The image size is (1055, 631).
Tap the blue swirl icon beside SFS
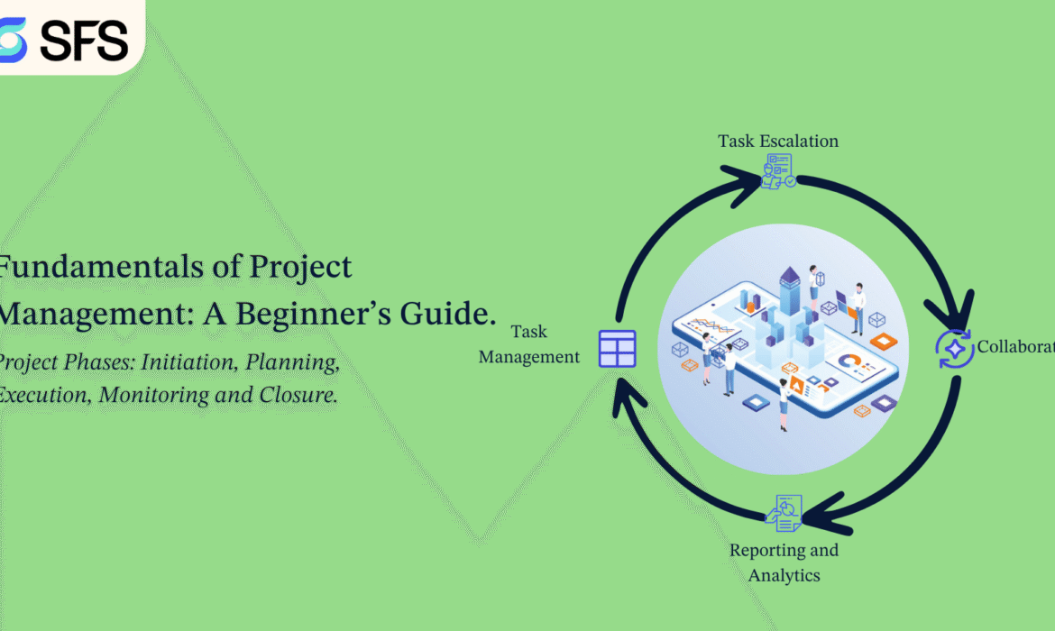(x=13, y=40)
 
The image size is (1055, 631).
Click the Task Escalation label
(x=778, y=141)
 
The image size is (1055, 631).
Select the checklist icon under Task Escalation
(x=778, y=170)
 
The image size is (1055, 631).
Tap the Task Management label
(x=528, y=344)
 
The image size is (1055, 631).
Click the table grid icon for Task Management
(x=618, y=348)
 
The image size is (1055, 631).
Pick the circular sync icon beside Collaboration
(x=954, y=349)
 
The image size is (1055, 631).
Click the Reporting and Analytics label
(x=784, y=562)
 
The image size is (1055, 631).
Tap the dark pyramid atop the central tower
(x=790, y=276)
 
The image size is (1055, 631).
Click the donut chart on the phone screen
(x=849, y=361)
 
